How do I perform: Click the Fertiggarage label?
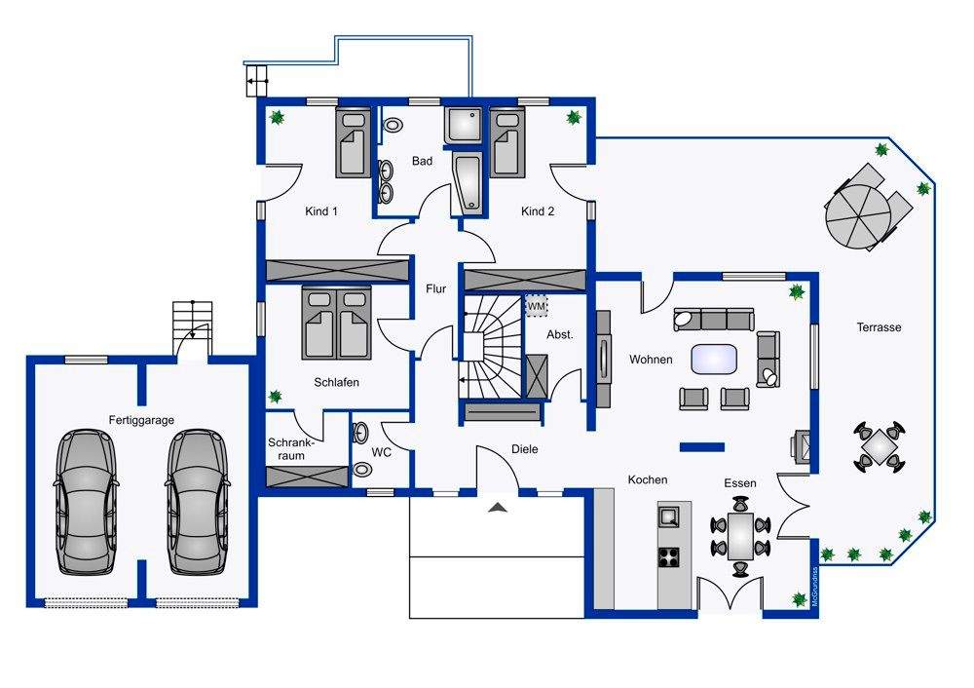141,420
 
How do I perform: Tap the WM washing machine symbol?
537,306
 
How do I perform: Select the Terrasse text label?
879,326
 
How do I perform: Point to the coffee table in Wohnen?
714,360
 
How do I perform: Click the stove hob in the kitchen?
669,556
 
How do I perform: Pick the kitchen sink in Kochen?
669,516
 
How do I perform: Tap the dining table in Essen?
740,536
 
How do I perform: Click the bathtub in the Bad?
468,183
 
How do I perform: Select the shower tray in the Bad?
464,126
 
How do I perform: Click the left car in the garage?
87,502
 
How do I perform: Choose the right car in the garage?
198,502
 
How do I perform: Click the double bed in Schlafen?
337,324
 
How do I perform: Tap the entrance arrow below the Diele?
498,508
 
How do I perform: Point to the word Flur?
436,289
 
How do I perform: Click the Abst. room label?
560,334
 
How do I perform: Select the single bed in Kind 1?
354,142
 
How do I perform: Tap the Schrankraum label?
291,448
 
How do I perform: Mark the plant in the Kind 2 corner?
574,117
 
